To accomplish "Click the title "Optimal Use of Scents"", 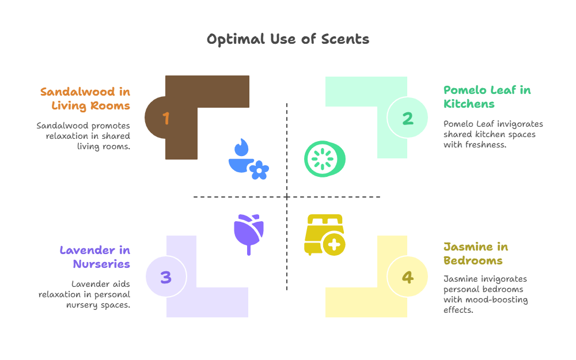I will tap(288, 39).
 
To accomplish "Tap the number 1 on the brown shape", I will tap(166, 118).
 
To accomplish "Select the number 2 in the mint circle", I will tap(408, 118).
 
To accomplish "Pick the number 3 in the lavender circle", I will tap(166, 277).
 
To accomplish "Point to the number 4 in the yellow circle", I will tap(408, 277).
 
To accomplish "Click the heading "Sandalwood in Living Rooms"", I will tap(85, 98).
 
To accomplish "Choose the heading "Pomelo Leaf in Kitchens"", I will tap(487, 97).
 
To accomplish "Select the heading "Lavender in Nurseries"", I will tap(95, 257).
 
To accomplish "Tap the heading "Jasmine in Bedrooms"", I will tap(475, 253).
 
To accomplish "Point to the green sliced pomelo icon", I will tap(325, 158).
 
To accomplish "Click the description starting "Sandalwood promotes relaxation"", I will tap(84, 136).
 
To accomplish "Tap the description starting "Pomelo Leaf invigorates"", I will tap(493, 134).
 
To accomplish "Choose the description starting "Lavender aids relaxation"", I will tap(85, 294).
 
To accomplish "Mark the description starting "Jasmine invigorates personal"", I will tap(485, 294).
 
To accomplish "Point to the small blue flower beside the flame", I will tap(259, 170).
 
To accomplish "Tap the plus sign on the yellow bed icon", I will tap(333, 245).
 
